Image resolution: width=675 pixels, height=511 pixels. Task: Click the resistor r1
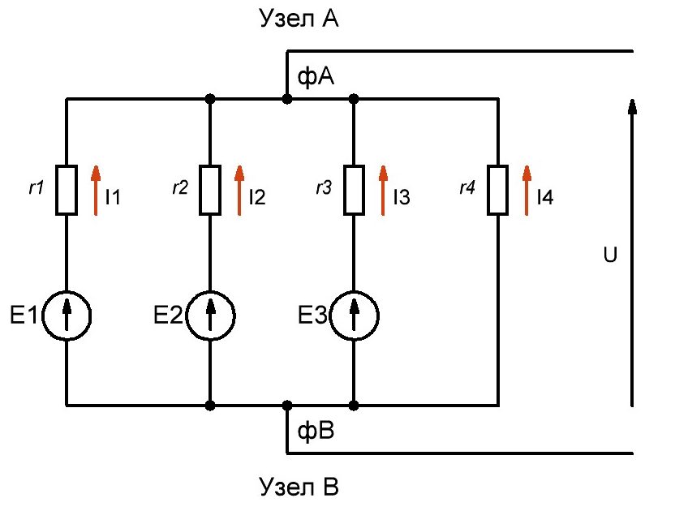coord(67,191)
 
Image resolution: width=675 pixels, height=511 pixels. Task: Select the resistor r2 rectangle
coord(210,191)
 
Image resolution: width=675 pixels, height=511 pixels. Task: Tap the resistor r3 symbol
coord(354,191)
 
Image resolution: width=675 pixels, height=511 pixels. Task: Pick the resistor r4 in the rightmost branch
coord(497,191)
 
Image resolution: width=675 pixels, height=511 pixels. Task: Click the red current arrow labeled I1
coord(96,190)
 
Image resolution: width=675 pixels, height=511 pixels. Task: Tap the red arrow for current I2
coord(239,190)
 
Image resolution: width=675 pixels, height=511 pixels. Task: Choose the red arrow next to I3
coord(383,190)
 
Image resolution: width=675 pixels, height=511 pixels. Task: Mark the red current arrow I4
coord(527,190)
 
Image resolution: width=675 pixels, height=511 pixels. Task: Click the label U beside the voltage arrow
coord(610,255)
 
